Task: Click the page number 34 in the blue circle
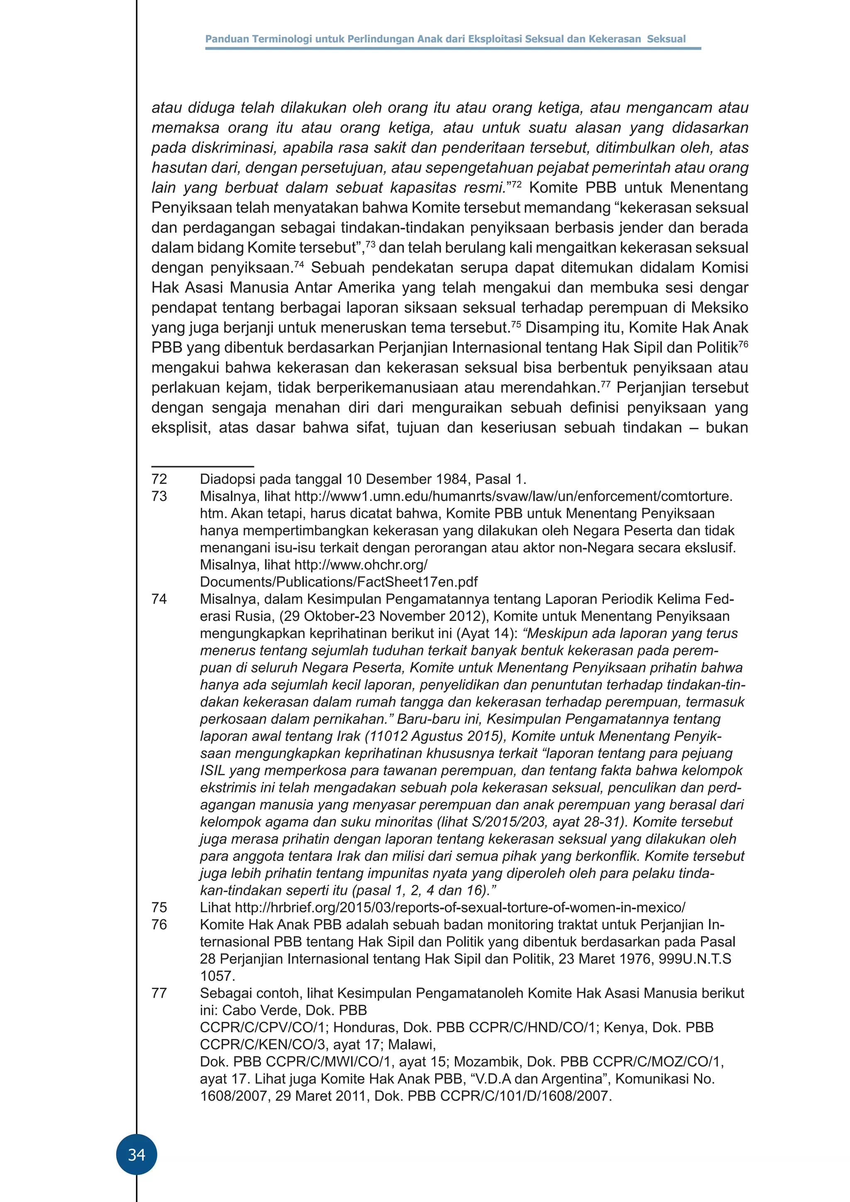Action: [x=137, y=1154]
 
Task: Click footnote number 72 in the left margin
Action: [x=159, y=479]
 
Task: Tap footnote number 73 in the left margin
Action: [x=159, y=496]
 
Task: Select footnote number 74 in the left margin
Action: [x=159, y=599]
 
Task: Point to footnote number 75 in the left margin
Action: [x=159, y=907]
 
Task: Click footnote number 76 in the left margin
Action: [x=159, y=924]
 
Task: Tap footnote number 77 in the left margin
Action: [x=159, y=993]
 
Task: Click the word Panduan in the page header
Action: [x=227, y=39]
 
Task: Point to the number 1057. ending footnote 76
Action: [x=217, y=976]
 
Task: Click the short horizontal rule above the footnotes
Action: [x=203, y=466]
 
